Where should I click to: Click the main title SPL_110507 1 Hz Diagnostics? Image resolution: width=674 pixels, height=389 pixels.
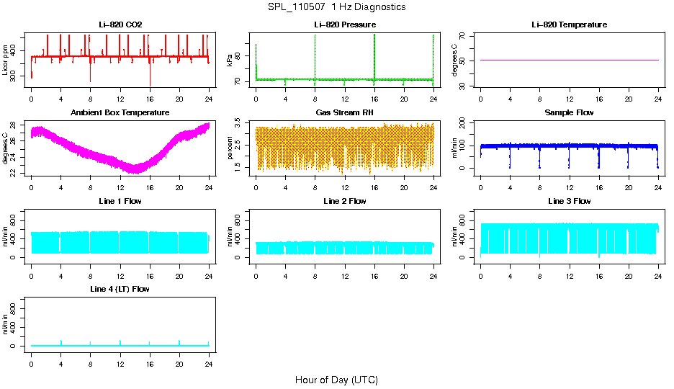pyautogui.click(x=336, y=7)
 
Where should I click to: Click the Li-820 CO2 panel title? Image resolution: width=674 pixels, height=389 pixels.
pyautogui.click(x=120, y=24)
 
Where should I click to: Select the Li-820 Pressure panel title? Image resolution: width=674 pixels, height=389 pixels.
pyautogui.click(x=345, y=24)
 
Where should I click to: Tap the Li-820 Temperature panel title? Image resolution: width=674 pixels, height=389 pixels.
pyautogui.click(x=569, y=24)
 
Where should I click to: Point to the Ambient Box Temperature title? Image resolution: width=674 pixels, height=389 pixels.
pyautogui.click(x=120, y=112)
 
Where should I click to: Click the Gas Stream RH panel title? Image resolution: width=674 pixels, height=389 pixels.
pyautogui.click(x=345, y=112)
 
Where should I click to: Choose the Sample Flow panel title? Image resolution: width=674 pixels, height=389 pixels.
pyautogui.click(x=569, y=112)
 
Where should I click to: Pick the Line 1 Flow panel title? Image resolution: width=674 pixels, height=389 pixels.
pyautogui.click(x=120, y=201)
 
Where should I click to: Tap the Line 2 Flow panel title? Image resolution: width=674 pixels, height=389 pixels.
pyautogui.click(x=345, y=201)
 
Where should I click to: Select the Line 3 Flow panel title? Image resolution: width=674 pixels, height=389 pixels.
pyautogui.click(x=569, y=201)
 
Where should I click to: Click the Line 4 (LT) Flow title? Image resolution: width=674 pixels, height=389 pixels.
pyautogui.click(x=120, y=289)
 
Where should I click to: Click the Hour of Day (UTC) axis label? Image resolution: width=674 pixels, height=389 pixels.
pyautogui.click(x=336, y=380)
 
